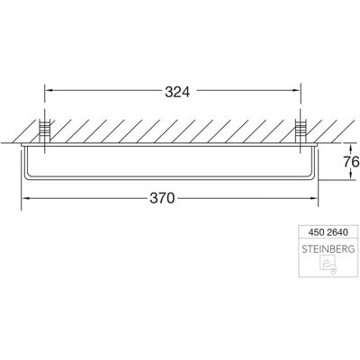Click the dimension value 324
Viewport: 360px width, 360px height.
(x=177, y=92)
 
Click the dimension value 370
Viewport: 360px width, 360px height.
(x=162, y=198)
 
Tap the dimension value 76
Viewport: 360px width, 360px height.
(x=351, y=162)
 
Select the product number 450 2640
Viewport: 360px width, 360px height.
(x=328, y=232)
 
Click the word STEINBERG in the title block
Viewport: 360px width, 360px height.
(x=328, y=249)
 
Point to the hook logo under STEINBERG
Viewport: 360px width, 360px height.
(x=328, y=265)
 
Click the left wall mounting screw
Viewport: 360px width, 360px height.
(x=45, y=131)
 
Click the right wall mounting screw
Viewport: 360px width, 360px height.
(x=300, y=131)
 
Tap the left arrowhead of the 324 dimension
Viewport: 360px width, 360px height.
(x=48, y=90)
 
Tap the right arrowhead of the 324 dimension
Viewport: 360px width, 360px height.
(x=297, y=90)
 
